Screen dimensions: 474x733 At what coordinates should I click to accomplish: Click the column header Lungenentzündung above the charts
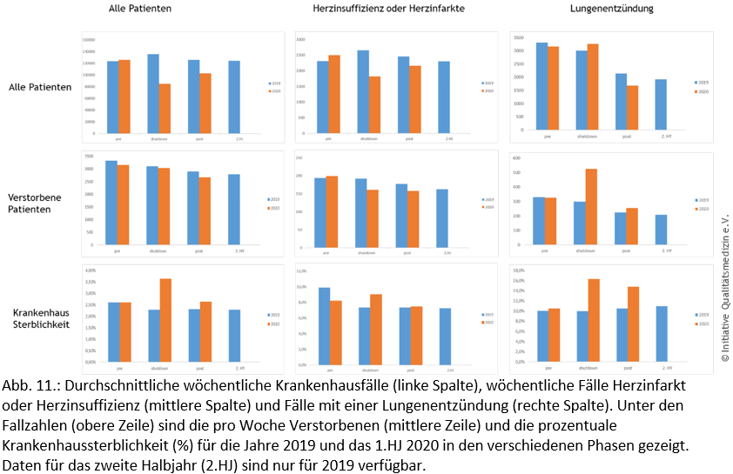point(611,10)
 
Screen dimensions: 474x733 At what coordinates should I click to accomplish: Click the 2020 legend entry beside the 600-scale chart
point(701,209)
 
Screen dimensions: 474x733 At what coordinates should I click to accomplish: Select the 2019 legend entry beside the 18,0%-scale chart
point(701,314)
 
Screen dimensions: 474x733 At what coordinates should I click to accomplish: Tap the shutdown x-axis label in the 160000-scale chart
point(159,138)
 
